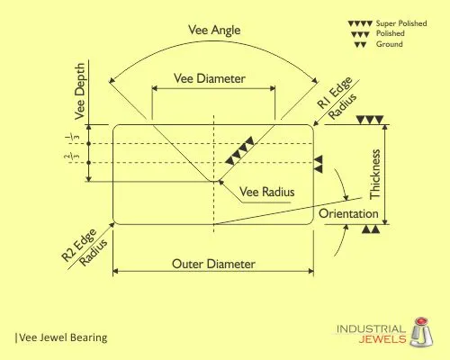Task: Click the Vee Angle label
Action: (214, 31)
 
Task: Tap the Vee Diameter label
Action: (210, 78)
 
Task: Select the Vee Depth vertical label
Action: (80, 91)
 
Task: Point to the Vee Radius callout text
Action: (266, 192)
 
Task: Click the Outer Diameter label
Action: (213, 264)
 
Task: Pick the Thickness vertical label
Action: (375, 174)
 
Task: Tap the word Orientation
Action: (348, 213)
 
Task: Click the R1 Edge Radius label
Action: (337, 98)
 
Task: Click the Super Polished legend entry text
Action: (401, 23)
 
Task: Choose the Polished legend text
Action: (391, 33)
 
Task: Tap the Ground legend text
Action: (390, 44)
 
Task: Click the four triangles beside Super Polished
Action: (360, 23)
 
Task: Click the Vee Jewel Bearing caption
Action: (62, 337)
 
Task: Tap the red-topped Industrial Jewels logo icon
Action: (421, 332)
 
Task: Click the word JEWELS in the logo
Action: (382, 339)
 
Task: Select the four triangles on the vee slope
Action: (239, 150)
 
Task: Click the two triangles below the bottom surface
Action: (371, 229)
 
